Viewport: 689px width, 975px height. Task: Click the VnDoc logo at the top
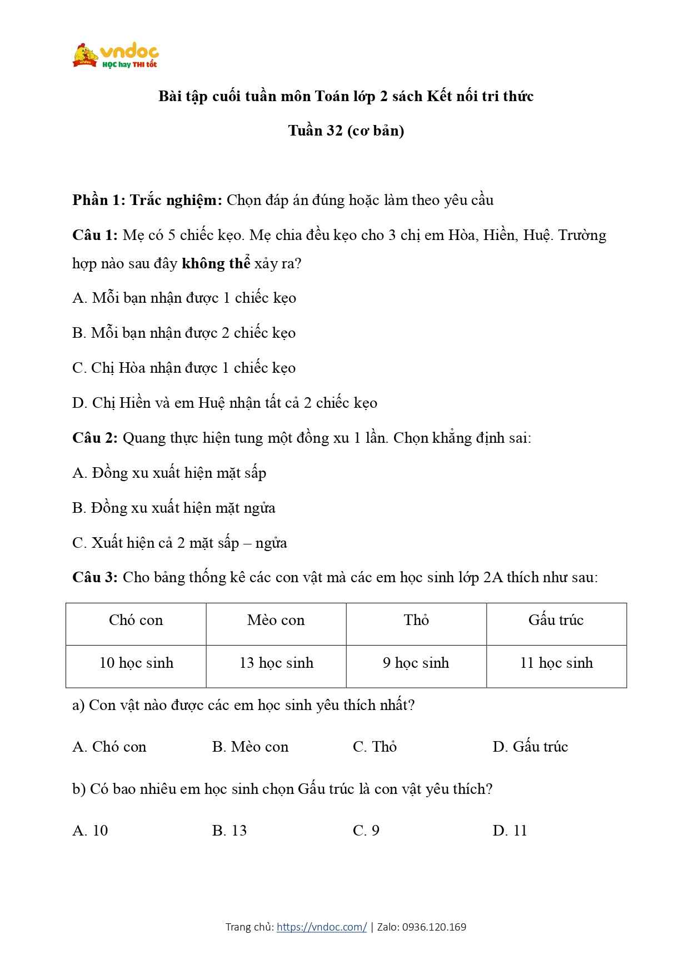pyautogui.click(x=116, y=56)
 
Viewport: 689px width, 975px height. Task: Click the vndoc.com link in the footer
pyautogui.click(x=321, y=927)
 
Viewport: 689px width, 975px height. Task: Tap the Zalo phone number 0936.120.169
pyautogui.click(x=433, y=927)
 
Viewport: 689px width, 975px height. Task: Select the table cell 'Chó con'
pyautogui.click(x=136, y=620)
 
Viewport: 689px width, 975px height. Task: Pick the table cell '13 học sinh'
pyautogui.click(x=276, y=663)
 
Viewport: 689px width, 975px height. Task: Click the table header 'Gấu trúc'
pyautogui.click(x=556, y=620)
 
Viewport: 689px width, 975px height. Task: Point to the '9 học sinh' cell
pyautogui.click(x=416, y=663)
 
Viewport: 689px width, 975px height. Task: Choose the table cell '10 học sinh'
pyautogui.click(x=136, y=663)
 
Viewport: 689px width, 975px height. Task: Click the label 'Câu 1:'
pyautogui.click(x=94, y=235)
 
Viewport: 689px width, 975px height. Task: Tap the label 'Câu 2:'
pyautogui.click(x=94, y=438)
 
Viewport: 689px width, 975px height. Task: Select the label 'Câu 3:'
pyautogui.click(x=94, y=577)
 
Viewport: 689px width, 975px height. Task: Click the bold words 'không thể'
pyautogui.click(x=216, y=263)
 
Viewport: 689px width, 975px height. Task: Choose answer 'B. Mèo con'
pyautogui.click(x=250, y=747)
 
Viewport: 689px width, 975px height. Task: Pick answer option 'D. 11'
pyautogui.click(x=510, y=831)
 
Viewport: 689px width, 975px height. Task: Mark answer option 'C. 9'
pyautogui.click(x=366, y=831)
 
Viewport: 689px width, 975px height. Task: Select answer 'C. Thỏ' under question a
pyautogui.click(x=375, y=747)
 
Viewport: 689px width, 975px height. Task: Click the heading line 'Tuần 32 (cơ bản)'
pyautogui.click(x=346, y=131)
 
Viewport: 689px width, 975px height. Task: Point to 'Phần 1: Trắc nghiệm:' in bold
pyautogui.click(x=147, y=200)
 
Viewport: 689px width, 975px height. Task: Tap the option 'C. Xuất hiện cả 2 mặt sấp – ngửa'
pyautogui.click(x=179, y=543)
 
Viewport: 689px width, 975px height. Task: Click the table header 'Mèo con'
pyautogui.click(x=276, y=620)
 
